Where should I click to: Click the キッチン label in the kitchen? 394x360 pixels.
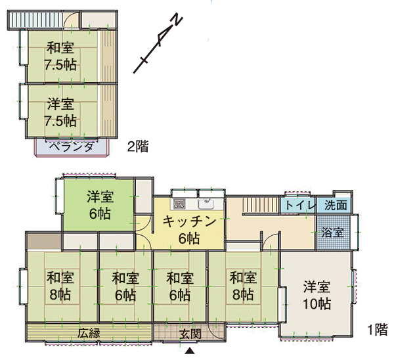click(190, 222)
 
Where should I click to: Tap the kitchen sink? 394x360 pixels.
click(206, 204)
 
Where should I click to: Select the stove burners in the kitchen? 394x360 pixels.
click(179, 204)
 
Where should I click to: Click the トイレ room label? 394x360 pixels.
click(300, 206)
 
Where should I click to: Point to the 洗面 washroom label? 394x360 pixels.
click(336, 205)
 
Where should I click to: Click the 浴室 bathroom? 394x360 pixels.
click(333, 232)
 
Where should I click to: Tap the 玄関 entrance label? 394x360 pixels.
click(190, 334)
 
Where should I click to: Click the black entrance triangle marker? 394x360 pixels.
click(190, 351)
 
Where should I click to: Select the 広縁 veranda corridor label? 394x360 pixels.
click(89, 333)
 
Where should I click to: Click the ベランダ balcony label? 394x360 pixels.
click(71, 146)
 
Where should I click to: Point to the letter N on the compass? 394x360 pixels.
click(177, 20)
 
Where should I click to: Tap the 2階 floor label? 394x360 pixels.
click(138, 146)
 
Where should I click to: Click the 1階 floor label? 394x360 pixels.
click(378, 330)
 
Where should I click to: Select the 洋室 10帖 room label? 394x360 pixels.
click(317, 296)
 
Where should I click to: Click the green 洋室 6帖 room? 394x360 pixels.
click(98, 205)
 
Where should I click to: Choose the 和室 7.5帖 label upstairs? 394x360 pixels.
click(60, 56)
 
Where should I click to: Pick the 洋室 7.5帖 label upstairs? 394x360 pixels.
click(60, 112)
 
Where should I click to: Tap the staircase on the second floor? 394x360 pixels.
click(35, 20)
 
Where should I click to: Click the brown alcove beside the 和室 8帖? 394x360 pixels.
click(44, 242)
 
